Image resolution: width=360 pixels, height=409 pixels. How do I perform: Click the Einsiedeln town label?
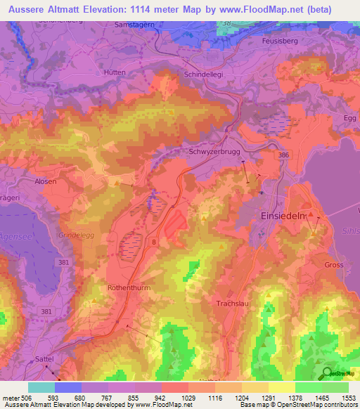coord(283,216)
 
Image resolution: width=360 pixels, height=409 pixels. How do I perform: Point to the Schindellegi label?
coord(207,74)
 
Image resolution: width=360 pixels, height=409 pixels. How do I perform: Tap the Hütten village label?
coord(114,72)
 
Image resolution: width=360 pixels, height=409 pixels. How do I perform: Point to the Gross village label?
coord(335,265)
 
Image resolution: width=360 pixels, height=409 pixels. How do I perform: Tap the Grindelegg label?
coord(75,235)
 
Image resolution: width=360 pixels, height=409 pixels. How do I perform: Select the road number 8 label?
coord(153,242)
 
